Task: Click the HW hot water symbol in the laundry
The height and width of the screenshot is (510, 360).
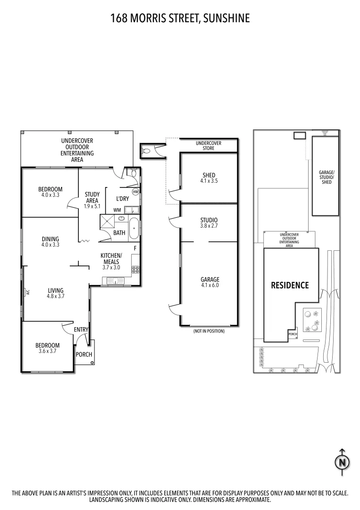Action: click(x=135, y=192)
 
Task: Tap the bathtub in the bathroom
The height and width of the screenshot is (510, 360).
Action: click(x=134, y=229)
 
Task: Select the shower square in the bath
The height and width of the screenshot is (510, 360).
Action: click(x=106, y=222)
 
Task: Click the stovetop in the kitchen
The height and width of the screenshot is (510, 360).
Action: click(x=135, y=270)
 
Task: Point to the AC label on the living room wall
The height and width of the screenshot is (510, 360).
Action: click(x=27, y=292)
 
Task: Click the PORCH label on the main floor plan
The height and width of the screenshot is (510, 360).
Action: click(x=84, y=355)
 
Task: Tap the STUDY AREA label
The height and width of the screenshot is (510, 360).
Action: click(x=92, y=200)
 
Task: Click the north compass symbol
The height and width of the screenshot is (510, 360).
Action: click(x=342, y=461)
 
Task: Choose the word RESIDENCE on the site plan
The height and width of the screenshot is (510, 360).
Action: click(x=290, y=285)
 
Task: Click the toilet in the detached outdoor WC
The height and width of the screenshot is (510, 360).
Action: click(x=146, y=151)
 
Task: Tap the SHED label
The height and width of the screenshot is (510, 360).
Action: click(x=209, y=175)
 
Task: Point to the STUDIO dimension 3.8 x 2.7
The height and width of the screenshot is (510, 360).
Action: click(x=209, y=226)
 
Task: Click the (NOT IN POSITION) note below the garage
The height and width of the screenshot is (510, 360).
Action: click(x=209, y=331)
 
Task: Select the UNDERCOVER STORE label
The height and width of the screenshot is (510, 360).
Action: click(x=209, y=145)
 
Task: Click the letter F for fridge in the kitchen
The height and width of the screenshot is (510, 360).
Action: click(x=135, y=248)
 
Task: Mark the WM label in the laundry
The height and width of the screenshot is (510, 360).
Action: click(x=117, y=210)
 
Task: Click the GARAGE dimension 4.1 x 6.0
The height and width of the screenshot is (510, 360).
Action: click(x=209, y=285)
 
